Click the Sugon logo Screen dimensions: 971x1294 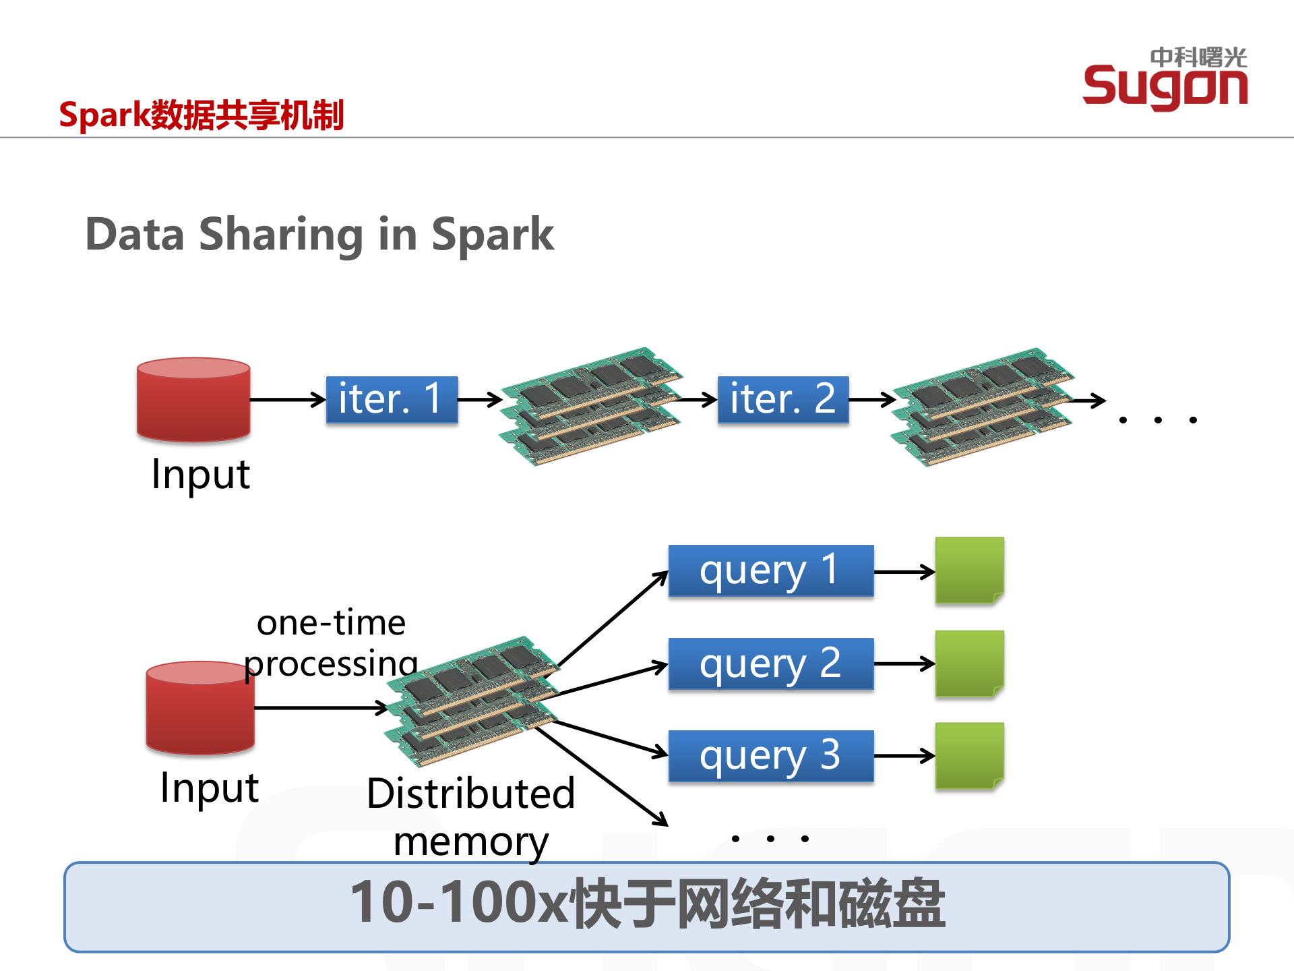(x=1165, y=80)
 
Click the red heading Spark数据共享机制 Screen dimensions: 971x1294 (x=201, y=115)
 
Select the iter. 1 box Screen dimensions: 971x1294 (x=392, y=399)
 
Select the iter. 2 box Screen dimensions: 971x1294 (x=782, y=399)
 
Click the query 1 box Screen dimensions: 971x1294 (x=770, y=571)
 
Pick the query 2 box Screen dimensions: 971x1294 (x=770, y=664)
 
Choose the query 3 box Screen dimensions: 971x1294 (x=770, y=756)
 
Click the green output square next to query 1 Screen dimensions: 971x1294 (x=969, y=570)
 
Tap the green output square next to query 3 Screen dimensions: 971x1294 (x=969, y=756)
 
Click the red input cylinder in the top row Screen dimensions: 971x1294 (x=193, y=400)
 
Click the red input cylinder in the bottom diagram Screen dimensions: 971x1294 (x=200, y=707)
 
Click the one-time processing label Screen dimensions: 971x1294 (x=331, y=643)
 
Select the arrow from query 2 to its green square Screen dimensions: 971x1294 (x=903, y=664)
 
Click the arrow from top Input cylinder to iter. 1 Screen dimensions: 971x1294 (x=287, y=399)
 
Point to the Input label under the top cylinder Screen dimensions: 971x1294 (x=201, y=475)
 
